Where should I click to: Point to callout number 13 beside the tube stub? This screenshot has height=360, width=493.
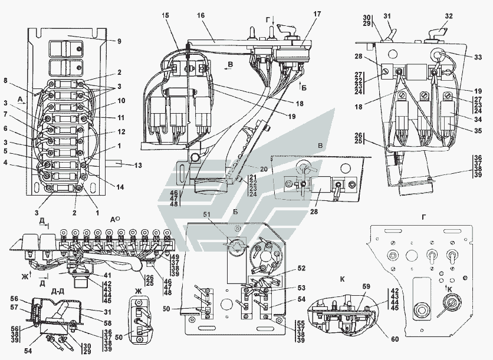[138, 165]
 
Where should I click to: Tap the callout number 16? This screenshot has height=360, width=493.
[201, 15]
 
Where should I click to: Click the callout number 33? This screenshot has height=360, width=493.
[478, 57]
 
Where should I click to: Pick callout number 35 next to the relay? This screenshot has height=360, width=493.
[478, 131]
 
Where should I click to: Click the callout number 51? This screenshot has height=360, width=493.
[206, 214]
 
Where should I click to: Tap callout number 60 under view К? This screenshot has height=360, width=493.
[395, 339]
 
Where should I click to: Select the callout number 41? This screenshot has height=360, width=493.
[108, 275]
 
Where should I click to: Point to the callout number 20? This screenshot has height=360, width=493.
[264, 169]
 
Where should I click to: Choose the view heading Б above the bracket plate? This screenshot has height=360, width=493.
[235, 212]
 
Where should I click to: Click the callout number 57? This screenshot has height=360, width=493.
[15, 308]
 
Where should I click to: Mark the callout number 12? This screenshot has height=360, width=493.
[121, 131]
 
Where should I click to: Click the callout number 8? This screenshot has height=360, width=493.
[5, 80]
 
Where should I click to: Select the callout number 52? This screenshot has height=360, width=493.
[301, 269]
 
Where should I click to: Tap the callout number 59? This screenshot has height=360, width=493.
[366, 286]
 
